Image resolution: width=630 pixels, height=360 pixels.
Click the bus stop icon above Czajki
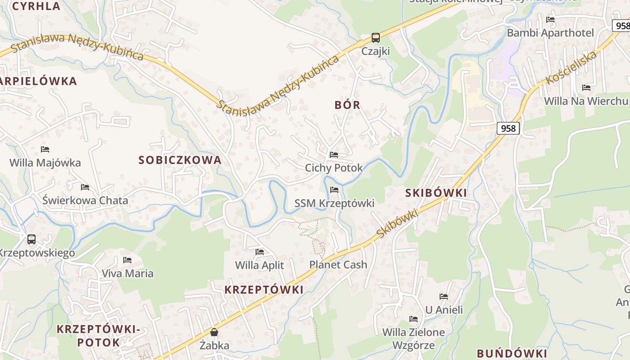[375, 38]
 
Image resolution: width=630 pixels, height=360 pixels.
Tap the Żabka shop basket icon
[214, 333]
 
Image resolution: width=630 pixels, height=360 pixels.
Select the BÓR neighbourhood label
[347, 105]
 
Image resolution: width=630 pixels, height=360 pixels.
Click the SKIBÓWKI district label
[436, 193]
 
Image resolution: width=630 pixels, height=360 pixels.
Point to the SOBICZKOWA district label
[180, 160]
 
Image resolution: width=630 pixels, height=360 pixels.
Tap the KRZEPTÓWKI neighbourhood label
[264, 290]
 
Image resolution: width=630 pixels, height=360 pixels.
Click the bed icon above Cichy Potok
[334, 155]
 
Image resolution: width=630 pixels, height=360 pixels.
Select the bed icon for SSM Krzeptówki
[334, 190]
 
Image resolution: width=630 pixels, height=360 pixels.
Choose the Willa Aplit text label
[260, 265]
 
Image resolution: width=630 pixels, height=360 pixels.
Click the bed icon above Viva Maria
[127, 260]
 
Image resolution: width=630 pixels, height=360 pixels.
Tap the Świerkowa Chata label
[85, 200]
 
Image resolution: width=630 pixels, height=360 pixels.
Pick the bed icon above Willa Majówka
[45, 149]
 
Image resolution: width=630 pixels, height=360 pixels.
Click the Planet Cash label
[338, 265]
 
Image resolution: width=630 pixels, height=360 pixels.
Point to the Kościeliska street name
[571, 68]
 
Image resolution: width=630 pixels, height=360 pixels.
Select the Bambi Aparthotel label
[550, 33]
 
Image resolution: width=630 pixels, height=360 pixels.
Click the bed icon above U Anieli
[444, 297]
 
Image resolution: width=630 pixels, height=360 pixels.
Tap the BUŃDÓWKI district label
[512, 353]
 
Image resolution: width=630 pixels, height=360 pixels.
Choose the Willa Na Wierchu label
[586, 101]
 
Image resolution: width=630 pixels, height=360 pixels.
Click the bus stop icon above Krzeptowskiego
[31, 239]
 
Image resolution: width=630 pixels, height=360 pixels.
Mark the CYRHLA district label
[36, 6]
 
